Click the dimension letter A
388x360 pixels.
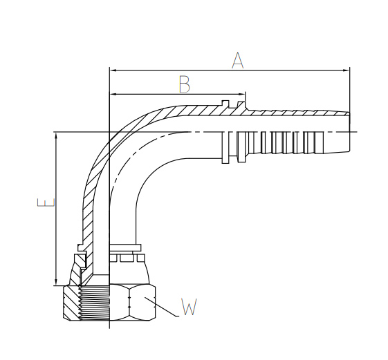point(237,60)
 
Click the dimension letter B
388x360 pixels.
point(185,84)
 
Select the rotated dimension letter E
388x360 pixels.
point(46,202)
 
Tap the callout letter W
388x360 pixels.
point(189,307)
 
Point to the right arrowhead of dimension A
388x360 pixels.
point(346,70)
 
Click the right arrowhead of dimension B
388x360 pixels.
point(241,94)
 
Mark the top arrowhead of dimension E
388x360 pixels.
point(57,136)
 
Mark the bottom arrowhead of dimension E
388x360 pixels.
point(57,282)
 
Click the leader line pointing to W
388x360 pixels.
point(161,307)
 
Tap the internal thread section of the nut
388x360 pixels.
point(95,303)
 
